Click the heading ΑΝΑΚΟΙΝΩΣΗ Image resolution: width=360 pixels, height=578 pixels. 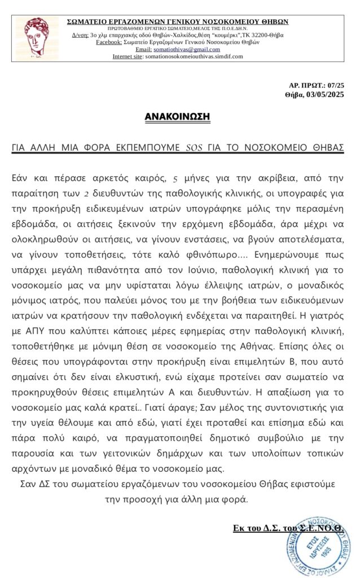(177, 117)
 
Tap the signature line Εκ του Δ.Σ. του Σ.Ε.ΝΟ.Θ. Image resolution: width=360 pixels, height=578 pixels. (288, 528)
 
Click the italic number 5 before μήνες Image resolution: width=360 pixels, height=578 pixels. (175, 178)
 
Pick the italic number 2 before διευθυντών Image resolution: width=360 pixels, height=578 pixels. (86, 193)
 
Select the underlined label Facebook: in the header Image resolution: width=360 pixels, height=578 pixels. (112, 42)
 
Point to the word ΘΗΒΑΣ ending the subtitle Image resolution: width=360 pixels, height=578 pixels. (324, 148)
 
